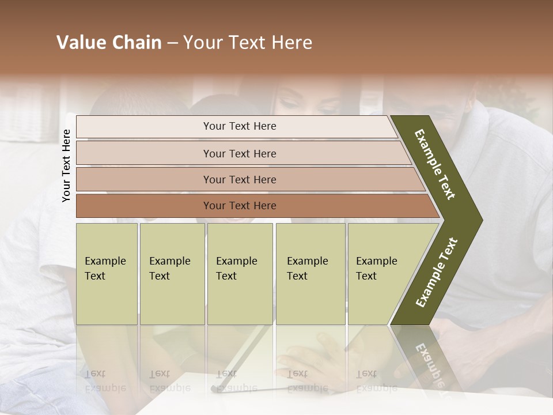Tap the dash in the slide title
pos(172,43)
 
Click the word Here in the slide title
pos(292,43)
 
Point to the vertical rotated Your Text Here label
pos(66,165)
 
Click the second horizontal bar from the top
pos(239,153)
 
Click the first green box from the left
pos(107,274)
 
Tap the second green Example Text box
pos(172,274)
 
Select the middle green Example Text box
pos(240,274)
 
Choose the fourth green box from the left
pos(310,274)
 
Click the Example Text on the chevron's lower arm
pos(437,272)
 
